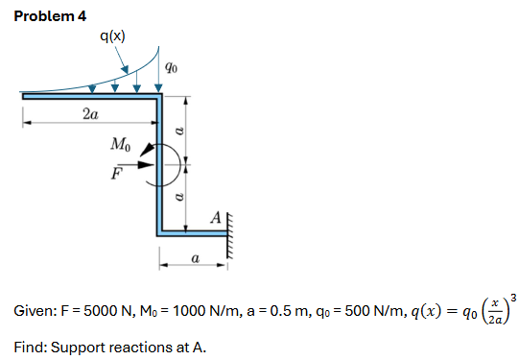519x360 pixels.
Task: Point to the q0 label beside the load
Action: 170,67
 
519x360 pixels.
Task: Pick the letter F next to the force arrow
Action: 117,174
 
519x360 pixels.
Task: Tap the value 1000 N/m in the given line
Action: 187,314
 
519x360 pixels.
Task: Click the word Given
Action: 35,314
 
